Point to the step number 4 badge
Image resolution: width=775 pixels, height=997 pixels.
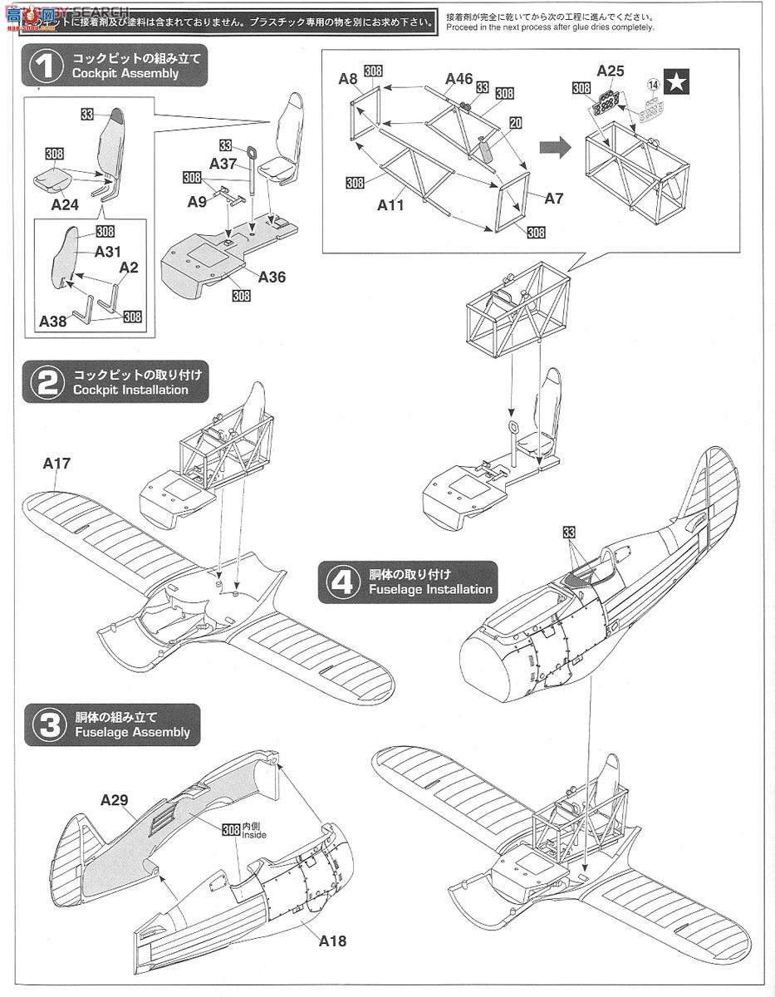pyautogui.click(x=342, y=582)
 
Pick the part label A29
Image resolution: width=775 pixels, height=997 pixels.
pyautogui.click(x=114, y=800)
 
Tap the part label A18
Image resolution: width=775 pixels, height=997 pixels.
pyautogui.click(x=331, y=941)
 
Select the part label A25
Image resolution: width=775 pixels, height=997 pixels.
pyautogui.click(x=611, y=71)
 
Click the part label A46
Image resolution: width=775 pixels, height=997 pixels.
pyautogui.click(x=459, y=79)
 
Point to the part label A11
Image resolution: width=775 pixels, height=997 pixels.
pyautogui.click(x=390, y=204)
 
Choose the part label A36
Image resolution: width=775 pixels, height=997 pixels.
pyautogui.click(x=271, y=277)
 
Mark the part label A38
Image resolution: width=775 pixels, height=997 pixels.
pyautogui.click(x=54, y=320)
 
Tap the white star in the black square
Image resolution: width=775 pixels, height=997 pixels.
pyautogui.click(x=679, y=81)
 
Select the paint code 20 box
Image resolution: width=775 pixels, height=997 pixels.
pyautogui.click(x=515, y=123)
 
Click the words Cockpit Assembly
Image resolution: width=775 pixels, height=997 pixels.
pyautogui.click(x=125, y=73)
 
